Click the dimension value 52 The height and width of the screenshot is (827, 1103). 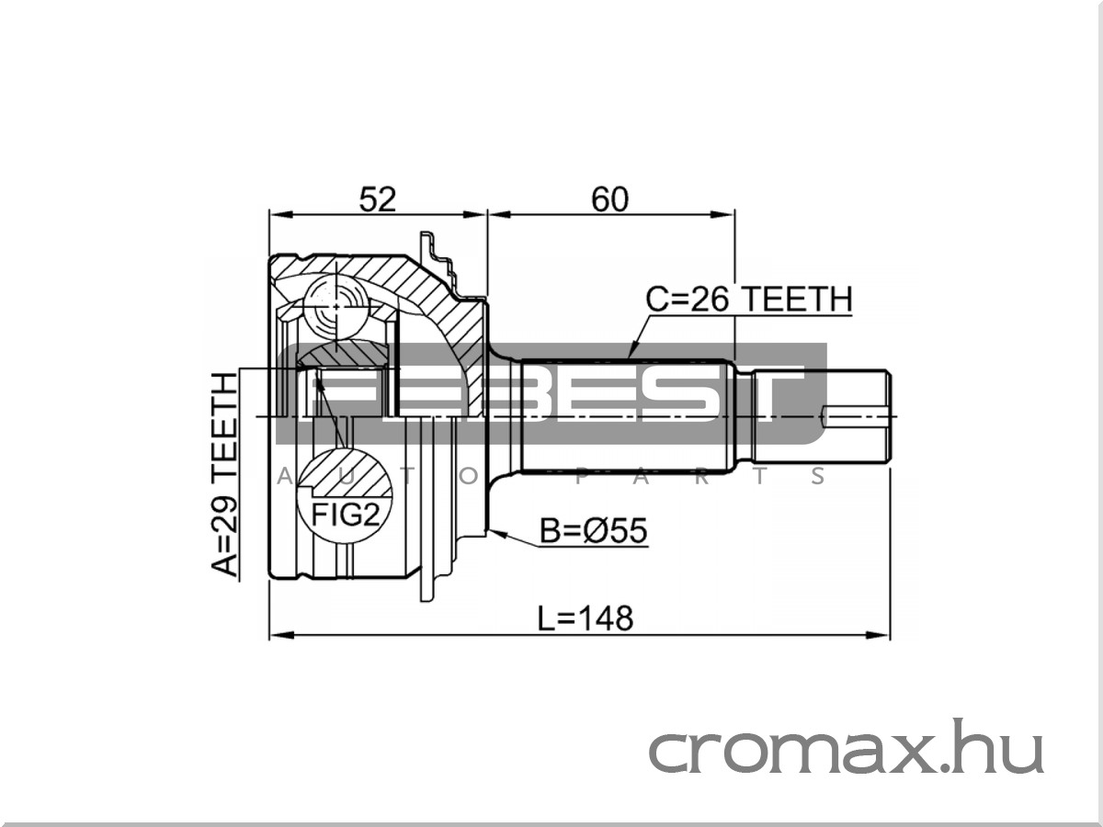(378, 199)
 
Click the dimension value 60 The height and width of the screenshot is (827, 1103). (609, 199)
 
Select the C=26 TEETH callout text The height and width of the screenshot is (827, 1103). (749, 300)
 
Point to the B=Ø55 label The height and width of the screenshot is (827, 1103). (593, 530)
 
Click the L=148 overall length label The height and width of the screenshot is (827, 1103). (585, 618)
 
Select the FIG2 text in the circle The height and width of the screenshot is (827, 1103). (345, 514)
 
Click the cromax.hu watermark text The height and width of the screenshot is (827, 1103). (847, 746)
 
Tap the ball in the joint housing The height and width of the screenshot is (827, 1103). (335, 306)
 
